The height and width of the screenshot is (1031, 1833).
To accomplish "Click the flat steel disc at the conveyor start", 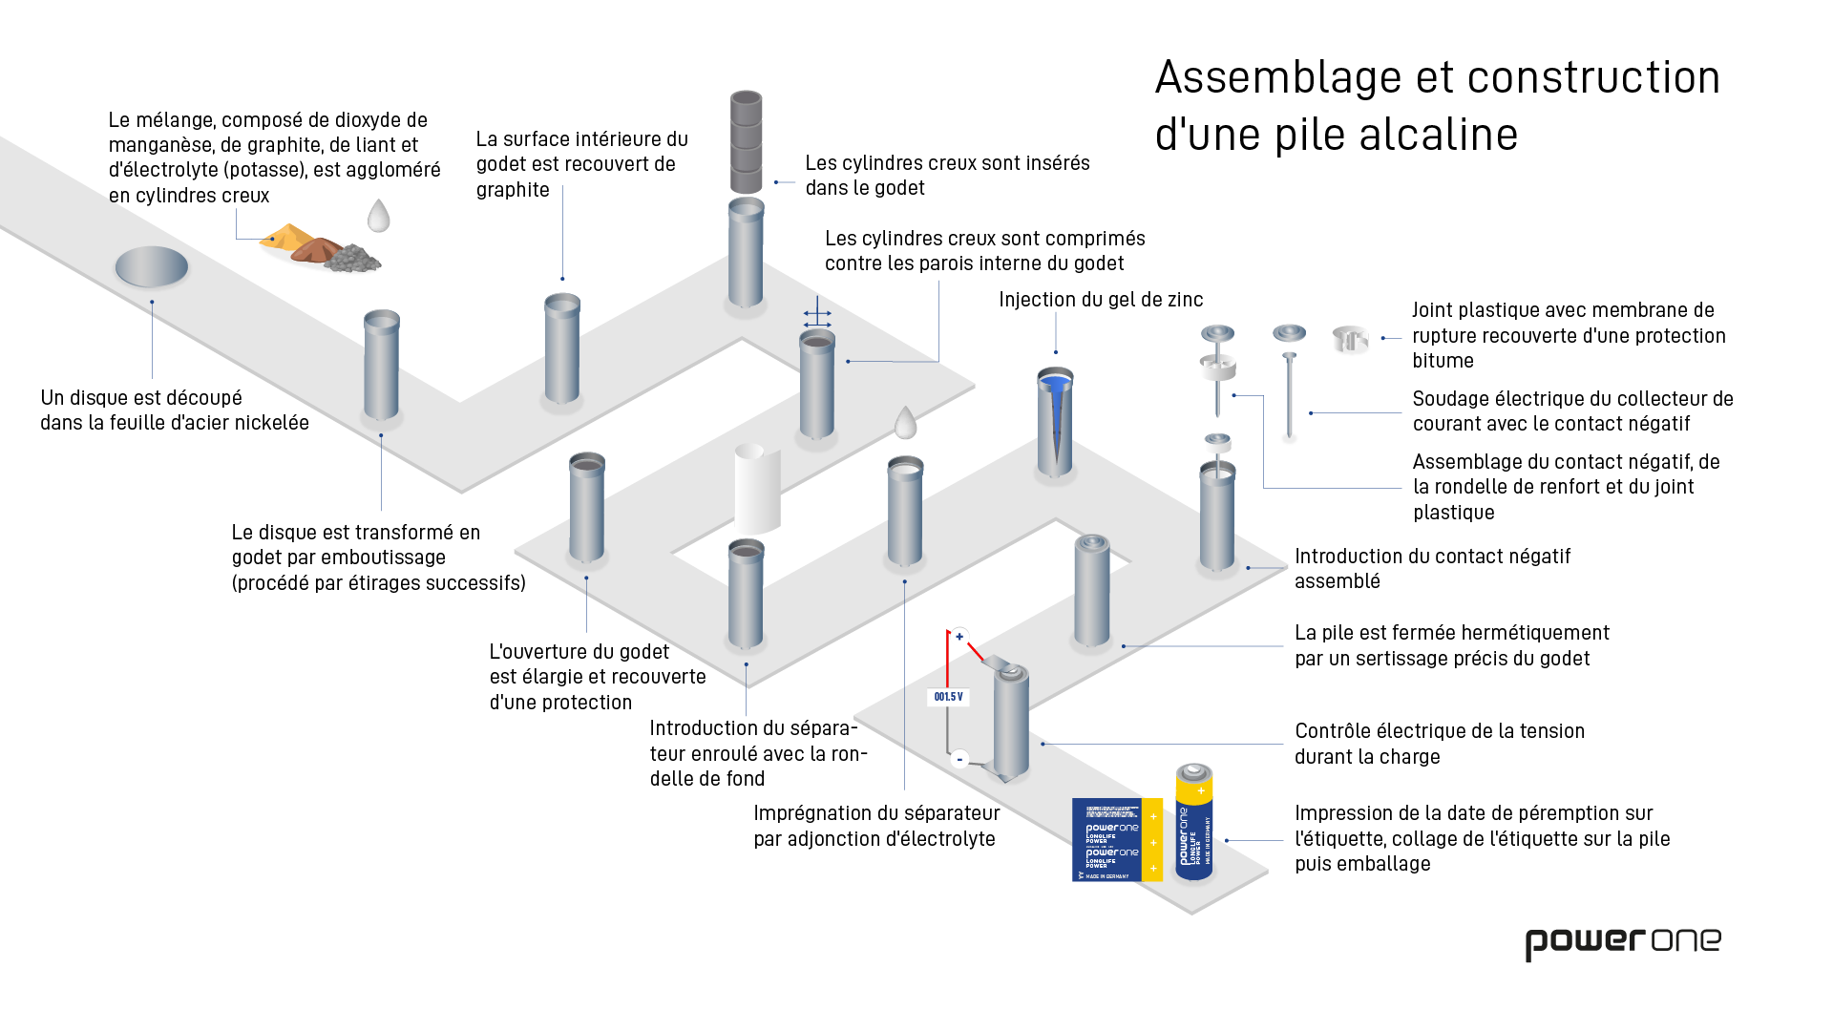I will coord(152,266).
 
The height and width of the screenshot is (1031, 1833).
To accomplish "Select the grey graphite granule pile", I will coord(352,258).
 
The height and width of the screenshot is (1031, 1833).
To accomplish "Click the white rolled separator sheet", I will coord(757,489).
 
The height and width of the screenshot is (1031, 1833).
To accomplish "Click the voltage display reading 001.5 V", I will coord(949,697).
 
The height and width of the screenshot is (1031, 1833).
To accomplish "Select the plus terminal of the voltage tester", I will coord(959,637).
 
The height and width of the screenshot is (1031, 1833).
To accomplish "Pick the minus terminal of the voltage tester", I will coord(959,759).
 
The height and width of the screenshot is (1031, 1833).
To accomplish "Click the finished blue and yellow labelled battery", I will coord(1193,821).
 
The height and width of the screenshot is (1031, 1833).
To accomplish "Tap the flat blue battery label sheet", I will coord(1116,839).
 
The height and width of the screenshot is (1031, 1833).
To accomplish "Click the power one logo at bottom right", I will coord(1622,942).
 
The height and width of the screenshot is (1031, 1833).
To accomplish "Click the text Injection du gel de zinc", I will coord(1101,300).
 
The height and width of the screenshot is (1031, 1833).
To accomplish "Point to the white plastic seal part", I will coord(1350,339).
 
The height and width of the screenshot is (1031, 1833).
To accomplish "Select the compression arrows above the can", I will coord(817,318).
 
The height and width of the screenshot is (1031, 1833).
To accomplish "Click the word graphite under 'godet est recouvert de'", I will coord(513,190).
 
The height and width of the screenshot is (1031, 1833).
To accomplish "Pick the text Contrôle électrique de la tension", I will coord(1440,731).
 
